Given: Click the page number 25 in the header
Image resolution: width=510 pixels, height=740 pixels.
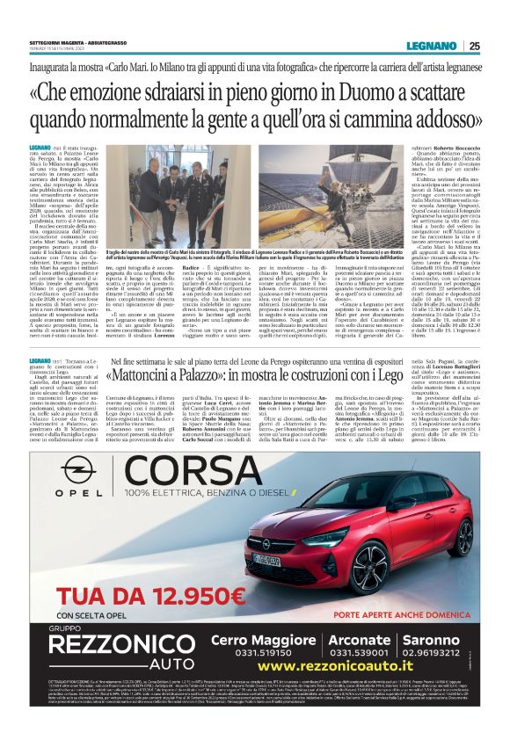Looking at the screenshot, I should pyautogui.click(x=474, y=47).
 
